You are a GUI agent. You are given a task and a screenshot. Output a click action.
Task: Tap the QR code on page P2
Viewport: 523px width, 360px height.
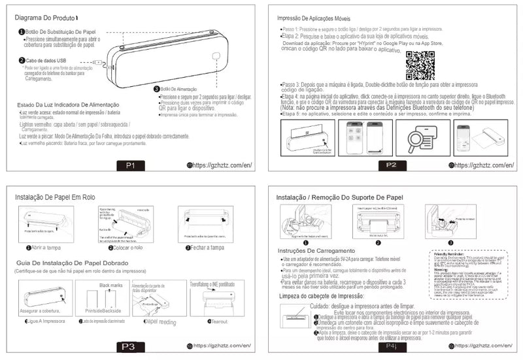pos(420,64)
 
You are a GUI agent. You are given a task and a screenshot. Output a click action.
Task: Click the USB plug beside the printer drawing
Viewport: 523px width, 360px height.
pos(100,63)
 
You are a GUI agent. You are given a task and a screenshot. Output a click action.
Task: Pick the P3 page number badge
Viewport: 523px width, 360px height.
pos(129,346)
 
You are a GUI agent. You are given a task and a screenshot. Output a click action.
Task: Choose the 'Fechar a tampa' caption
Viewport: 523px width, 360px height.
pos(208,248)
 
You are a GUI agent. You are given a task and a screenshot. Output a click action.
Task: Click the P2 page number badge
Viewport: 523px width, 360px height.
pos(391,165)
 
